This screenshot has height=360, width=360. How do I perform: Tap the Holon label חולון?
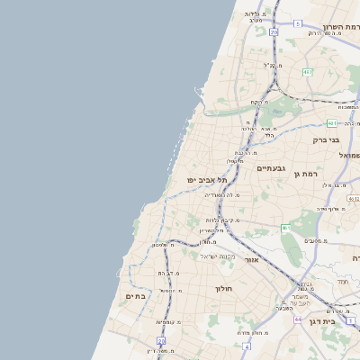click(224, 289)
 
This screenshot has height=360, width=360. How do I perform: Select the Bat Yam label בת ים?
click(136, 296)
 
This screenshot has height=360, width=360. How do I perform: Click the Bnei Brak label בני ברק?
click(326, 139)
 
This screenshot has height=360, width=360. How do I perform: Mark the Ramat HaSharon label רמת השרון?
click(341, 27)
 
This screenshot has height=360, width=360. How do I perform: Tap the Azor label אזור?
click(251, 259)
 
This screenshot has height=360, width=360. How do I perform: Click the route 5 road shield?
click(298, 23)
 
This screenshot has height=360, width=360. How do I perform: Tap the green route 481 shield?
click(333, 123)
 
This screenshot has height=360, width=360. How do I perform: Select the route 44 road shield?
click(297, 319)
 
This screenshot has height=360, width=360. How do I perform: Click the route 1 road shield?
click(351, 320)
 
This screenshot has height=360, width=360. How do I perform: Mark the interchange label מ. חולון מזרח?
click(256, 333)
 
